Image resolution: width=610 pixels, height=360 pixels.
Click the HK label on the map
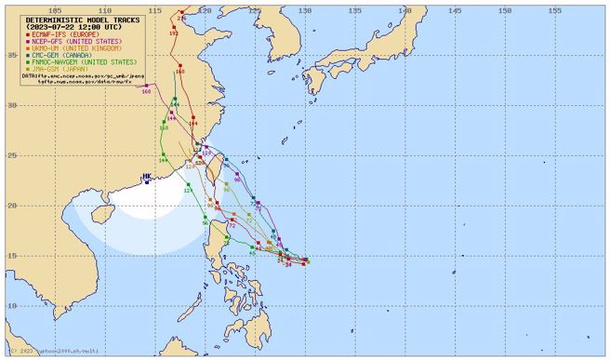pyautogui.click(x=147, y=176)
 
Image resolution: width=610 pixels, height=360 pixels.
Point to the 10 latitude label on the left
pyautogui.click(x=14, y=305)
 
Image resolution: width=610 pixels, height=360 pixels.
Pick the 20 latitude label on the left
pyautogui.click(x=14, y=205)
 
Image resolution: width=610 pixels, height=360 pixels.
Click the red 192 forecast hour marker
pyautogui.click(x=174, y=33)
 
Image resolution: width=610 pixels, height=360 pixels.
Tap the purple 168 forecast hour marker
pyautogui.click(x=146, y=91)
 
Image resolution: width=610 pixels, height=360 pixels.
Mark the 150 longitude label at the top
pyautogui.click(x=504, y=11)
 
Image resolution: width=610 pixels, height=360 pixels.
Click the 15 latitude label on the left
pyautogui.click(x=14, y=255)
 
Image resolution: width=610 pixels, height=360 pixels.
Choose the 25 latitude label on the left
pyautogui.click(x=14, y=154)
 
